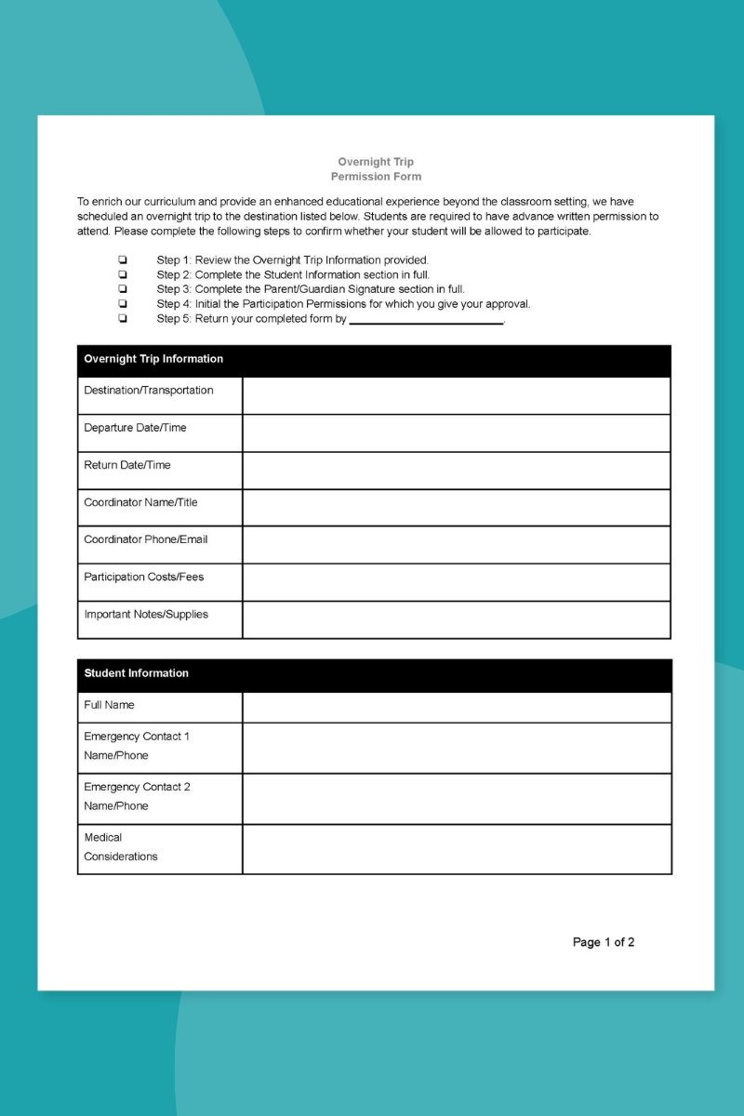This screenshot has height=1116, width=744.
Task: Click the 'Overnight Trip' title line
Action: coord(376,162)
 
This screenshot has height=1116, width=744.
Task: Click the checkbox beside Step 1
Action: coord(123,260)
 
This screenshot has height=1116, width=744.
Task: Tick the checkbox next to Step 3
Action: coord(123,289)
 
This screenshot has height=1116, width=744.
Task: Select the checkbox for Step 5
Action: coord(123,318)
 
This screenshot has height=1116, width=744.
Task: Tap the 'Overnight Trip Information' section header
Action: coord(153,359)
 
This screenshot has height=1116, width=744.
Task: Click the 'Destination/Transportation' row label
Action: coord(149,391)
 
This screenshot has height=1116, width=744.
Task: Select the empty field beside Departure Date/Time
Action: coord(456,432)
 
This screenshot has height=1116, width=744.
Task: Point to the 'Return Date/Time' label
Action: coord(127,465)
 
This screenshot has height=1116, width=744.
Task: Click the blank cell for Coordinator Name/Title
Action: coord(456,507)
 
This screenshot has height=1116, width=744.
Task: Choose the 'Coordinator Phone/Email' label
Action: coord(146,539)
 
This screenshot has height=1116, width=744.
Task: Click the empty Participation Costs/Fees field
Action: coord(456,582)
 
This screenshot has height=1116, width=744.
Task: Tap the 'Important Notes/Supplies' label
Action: coord(146,615)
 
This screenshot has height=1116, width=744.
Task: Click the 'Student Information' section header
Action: coord(136,673)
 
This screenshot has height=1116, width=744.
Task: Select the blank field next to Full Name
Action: coord(456,707)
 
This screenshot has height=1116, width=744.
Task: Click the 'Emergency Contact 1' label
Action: coord(137,737)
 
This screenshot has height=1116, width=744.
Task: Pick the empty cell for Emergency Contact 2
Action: coord(456,798)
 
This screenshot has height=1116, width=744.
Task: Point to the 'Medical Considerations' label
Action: coord(121,847)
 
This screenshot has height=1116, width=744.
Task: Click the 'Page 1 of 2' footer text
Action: coord(604,942)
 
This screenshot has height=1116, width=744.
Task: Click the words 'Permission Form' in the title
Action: coord(376,177)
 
